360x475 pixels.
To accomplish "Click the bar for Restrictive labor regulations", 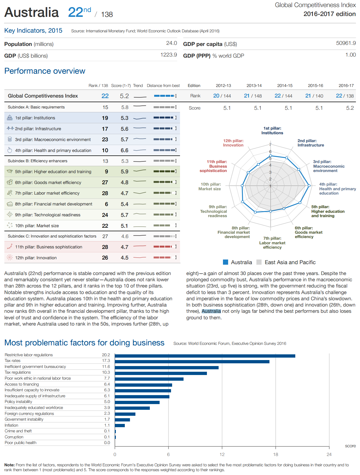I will pos(205,356).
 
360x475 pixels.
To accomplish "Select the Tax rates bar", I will pos(192,362).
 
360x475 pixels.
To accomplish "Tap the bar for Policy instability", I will pos(137,402).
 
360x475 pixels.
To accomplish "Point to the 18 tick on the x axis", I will pos(275,454).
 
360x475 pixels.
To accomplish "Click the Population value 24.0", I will pos(172,43).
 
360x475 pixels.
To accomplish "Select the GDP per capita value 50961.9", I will pos(346,43).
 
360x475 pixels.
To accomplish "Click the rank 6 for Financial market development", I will pos(106,204).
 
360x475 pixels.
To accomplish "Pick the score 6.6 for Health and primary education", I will pos(125,150).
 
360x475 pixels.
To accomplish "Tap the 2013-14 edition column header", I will pos(254,86).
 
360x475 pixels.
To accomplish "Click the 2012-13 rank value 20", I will pos(216,96).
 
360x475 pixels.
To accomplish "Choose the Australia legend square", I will pos(225,262).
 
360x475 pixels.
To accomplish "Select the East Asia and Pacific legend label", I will pos(290,262).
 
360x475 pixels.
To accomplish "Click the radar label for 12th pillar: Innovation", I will pos(233,143).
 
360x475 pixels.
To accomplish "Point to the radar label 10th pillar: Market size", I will pos(210,186).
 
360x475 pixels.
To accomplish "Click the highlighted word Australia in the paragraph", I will pos(211,311).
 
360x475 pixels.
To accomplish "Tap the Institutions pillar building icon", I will pos(10,118).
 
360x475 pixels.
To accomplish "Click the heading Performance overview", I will pos(45,71).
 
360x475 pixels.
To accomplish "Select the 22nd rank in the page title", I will pos(79,12).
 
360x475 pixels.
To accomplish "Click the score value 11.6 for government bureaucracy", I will pos(106,367).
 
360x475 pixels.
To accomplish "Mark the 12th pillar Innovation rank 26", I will pos(105,258).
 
